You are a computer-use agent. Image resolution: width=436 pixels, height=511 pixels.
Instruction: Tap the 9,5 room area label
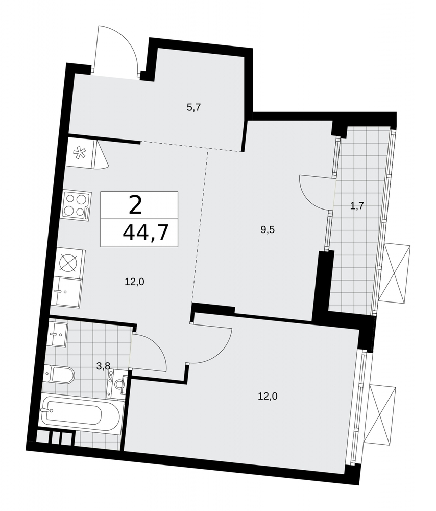(x=268, y=230)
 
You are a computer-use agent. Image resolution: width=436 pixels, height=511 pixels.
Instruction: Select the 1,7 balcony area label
(x=356, y=205)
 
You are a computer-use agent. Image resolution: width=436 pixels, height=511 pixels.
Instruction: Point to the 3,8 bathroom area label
(x=104, y=366)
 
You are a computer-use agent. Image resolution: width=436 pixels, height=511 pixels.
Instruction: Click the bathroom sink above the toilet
(x=57, y=334)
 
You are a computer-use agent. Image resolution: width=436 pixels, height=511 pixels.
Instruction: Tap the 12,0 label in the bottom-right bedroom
(x=268, y=397)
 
